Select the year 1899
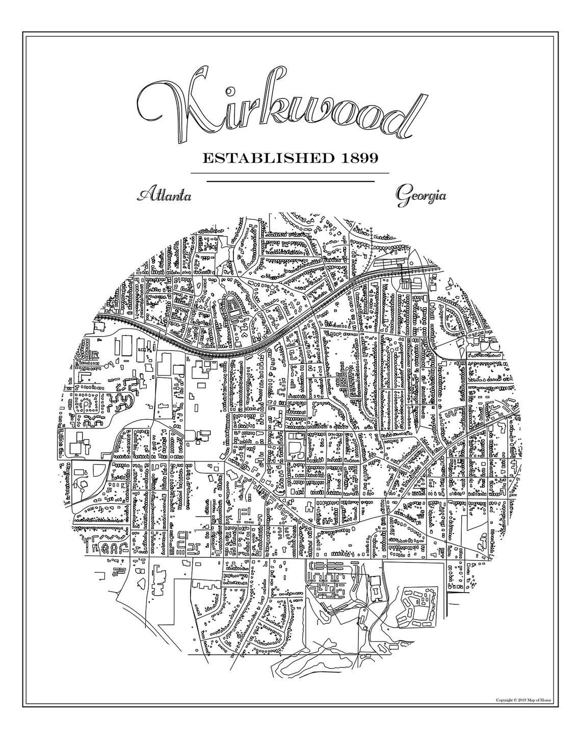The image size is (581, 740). [x=357, y=158]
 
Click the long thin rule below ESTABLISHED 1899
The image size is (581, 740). [x=289, y=173]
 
